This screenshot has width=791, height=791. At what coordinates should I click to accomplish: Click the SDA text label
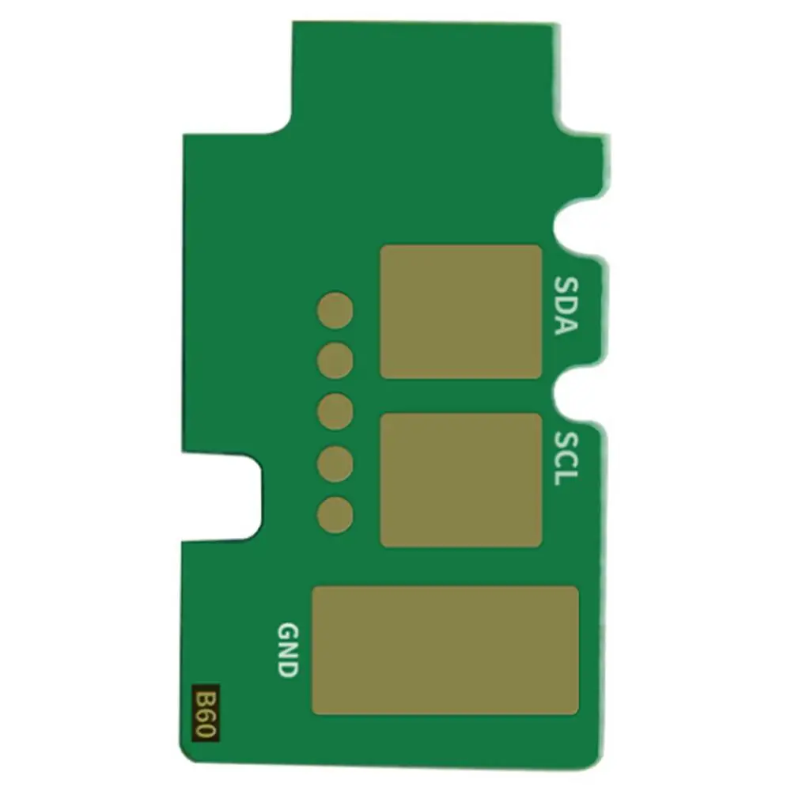pos(564,305)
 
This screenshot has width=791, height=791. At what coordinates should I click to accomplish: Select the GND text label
pos(288,649)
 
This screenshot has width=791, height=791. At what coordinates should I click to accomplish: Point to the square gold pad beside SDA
pos(461,312)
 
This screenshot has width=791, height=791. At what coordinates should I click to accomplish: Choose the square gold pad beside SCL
pos(461,480)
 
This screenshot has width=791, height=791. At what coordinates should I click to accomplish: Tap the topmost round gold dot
pos(335,310)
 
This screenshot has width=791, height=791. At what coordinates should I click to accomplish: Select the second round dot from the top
pos(335,361)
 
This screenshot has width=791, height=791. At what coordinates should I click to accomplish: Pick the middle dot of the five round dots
pos(335,411)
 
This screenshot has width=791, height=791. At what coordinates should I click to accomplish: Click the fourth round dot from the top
pos(335,464)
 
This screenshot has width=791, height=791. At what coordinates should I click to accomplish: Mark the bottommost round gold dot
pos(335,514)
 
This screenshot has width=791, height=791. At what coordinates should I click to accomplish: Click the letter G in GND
pos(288,631)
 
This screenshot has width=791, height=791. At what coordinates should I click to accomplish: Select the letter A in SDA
pos(564,324)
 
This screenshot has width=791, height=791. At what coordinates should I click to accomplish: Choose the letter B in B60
pos(205,698)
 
